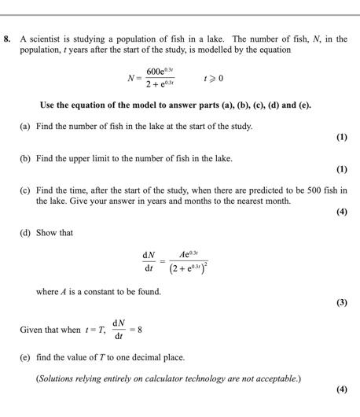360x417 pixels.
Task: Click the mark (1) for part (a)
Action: (341, 138)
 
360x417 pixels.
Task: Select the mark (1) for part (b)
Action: (341, 169)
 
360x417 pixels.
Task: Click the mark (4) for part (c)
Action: (341, 212)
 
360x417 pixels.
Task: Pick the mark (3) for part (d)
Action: (341, 302)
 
